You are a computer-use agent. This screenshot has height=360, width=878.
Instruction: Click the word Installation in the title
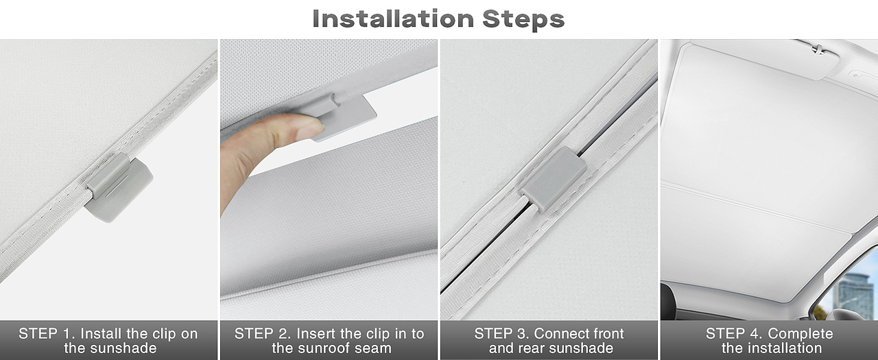click(x=393, y=19)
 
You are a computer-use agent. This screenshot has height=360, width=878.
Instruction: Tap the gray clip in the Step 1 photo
click(x=119, y=187)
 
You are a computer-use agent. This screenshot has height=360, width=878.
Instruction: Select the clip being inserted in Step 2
click(x=345, y=116)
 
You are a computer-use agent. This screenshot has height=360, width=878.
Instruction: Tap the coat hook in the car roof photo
click(x=818, y=49)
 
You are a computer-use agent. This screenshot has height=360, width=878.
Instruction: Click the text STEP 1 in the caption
click(x=47, y=334)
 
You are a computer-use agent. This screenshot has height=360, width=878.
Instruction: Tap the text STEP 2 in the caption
click(x=263, y=334)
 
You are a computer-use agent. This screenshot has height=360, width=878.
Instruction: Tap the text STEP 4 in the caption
click(x=735, y=334)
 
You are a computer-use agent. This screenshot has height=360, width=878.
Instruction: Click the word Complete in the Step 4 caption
click(x=800, y=334)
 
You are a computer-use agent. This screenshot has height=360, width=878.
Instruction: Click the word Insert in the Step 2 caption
click(x=316, y=334)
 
